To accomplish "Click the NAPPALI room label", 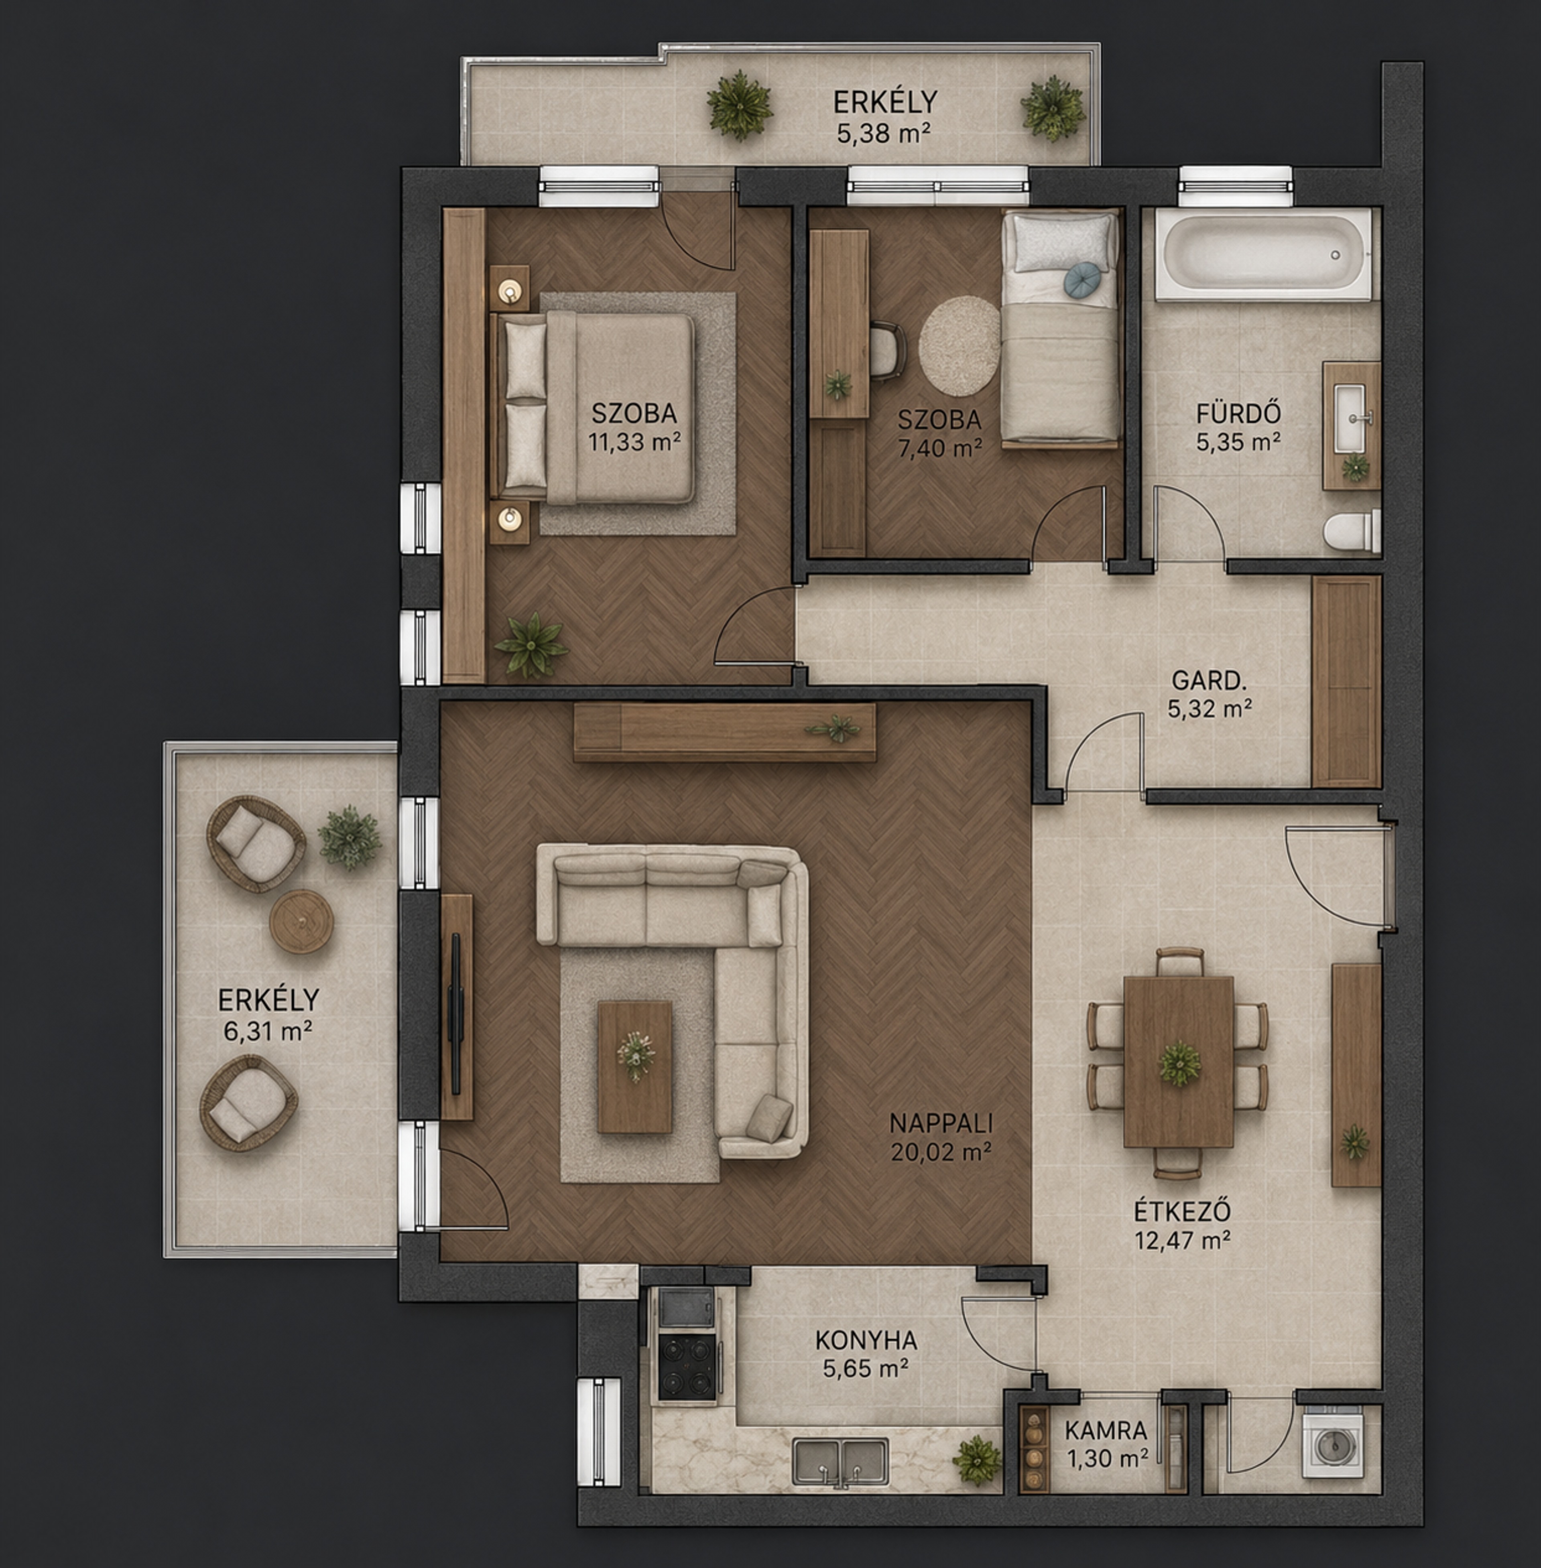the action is click(941, 1123).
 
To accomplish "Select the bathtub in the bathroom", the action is click(1263, 253).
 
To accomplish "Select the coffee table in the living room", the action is click(634, 1066).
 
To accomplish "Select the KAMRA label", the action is click(1106, 1430).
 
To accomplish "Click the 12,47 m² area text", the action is click(1183, 1239).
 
